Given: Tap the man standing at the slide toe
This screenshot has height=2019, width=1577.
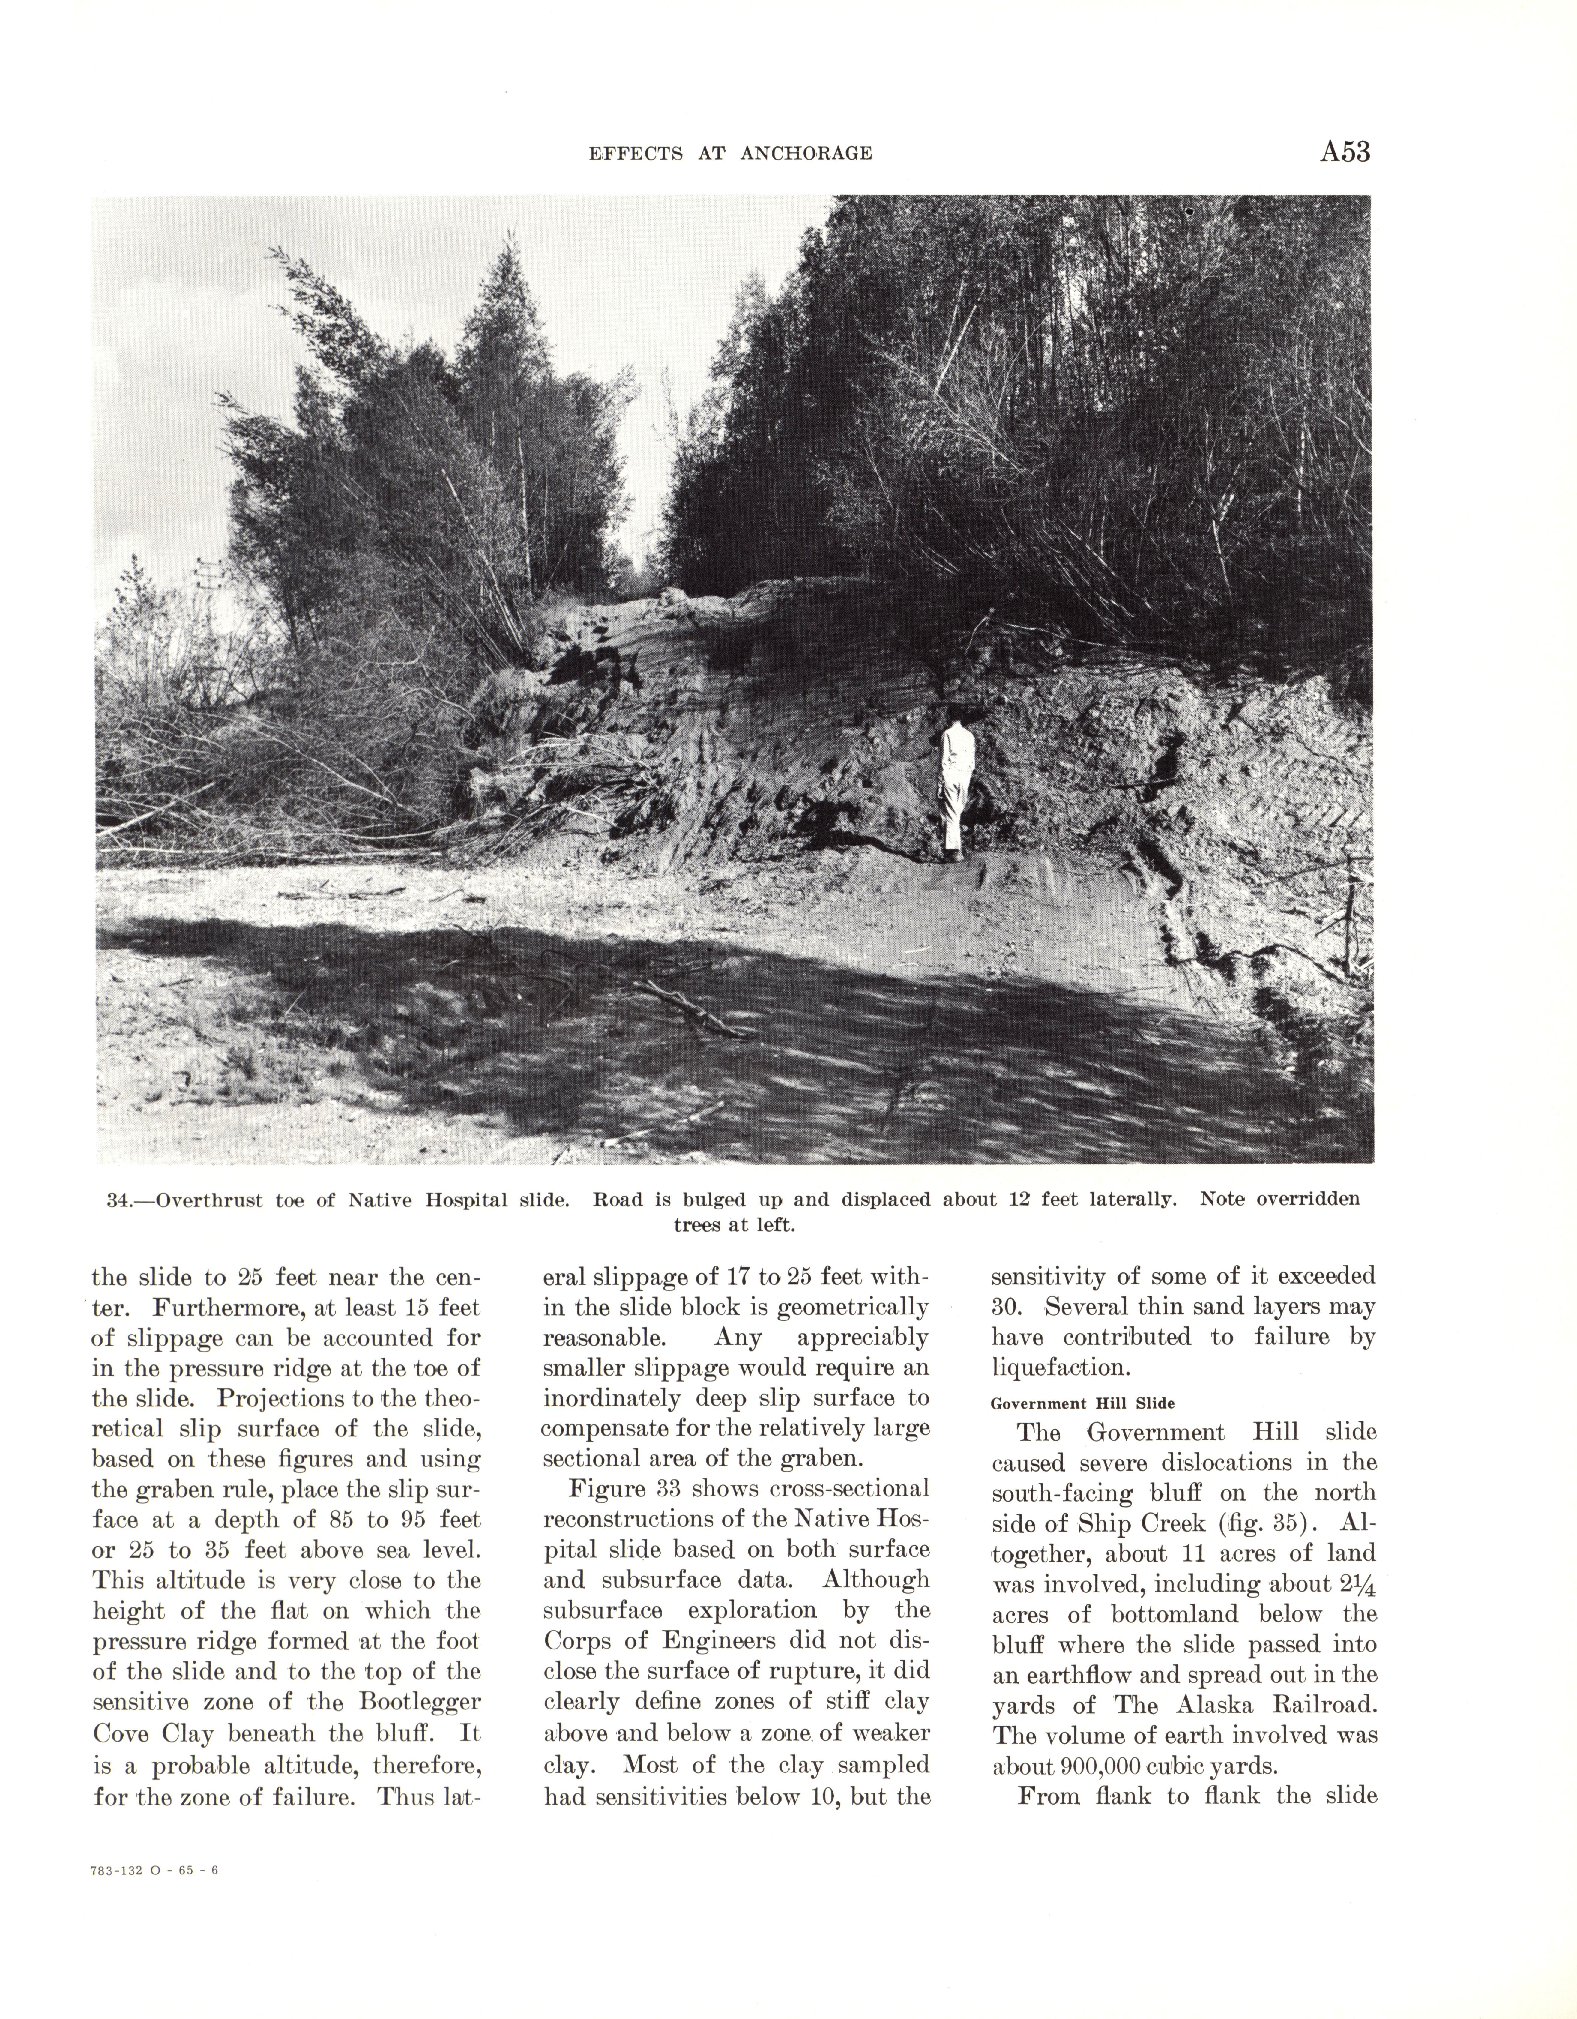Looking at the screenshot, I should point(955,786).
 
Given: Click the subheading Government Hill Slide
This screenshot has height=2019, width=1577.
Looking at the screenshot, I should point(1082,1402).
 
